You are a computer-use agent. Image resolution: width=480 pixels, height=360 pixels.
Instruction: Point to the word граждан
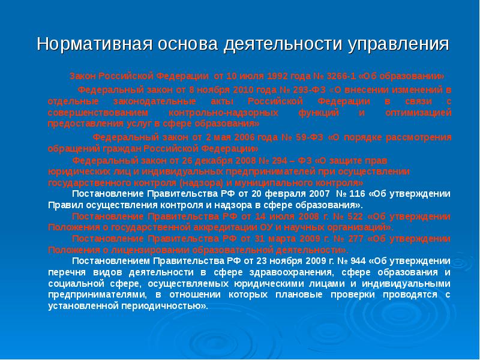pyautogui.click(x=125, y=148)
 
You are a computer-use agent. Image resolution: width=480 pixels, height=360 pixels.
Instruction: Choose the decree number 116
pyautogui.click(x=356, y=193)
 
